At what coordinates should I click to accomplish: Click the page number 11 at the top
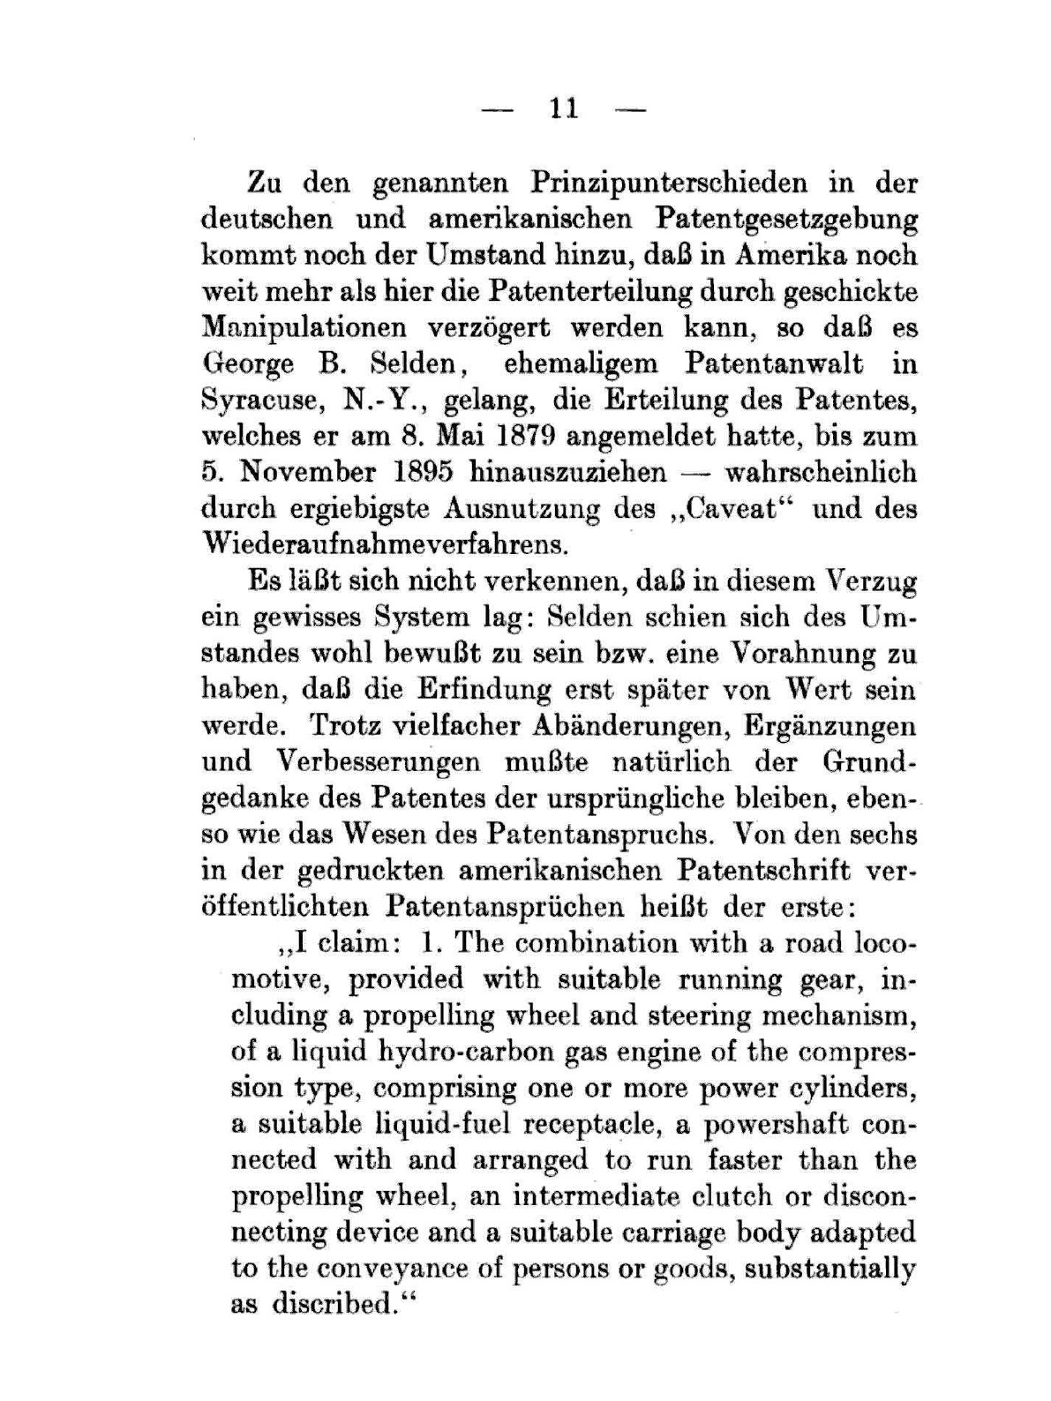(563, 109)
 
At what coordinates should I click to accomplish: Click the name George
(248, 364)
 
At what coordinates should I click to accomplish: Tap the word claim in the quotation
(352, 942)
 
